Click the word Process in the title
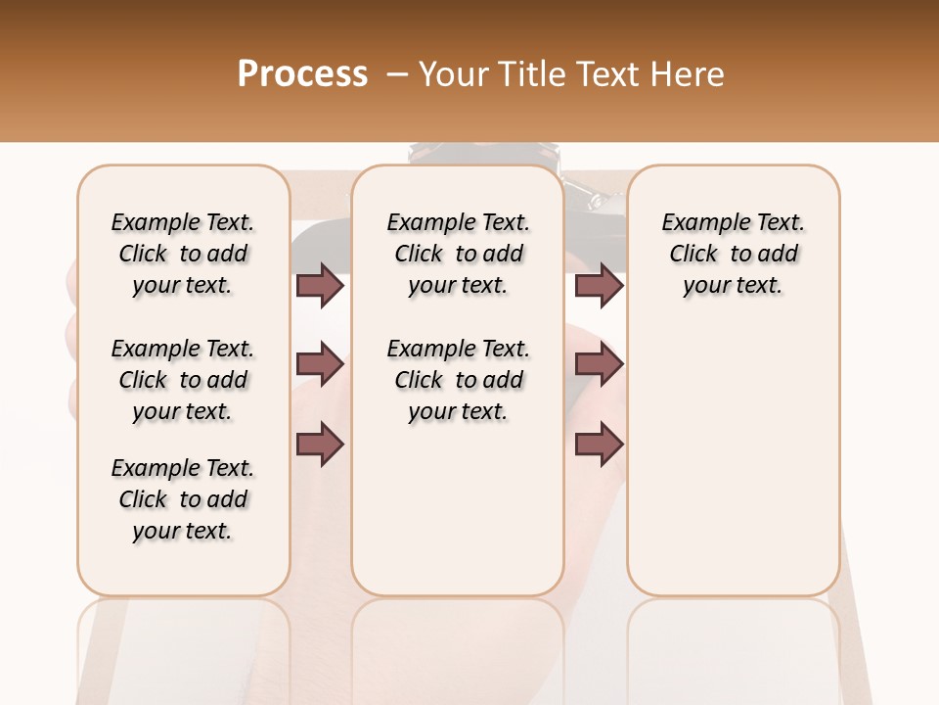[x=302, y=74]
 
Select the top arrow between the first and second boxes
[x=320, y=285]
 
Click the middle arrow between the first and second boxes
[x=320, y=364]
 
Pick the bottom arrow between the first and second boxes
[x=320, y=444]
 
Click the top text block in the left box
[x=183, y=254]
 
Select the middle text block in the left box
[x=183, y=380]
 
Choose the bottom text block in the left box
[x=183, y=499]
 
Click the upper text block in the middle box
[x=458, y=254]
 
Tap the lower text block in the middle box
[x=458, y=380]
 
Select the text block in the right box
[x=734, y=254]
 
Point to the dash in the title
[x=396, y=74]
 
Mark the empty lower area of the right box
[x=734, y=460]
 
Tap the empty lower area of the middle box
[x=458, y=509]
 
